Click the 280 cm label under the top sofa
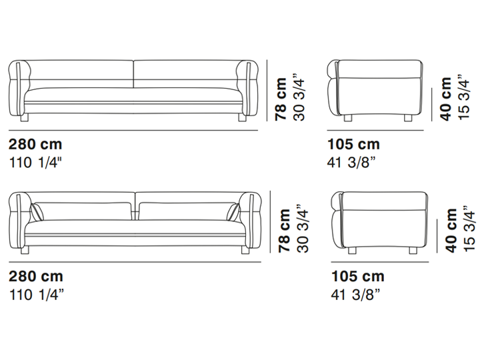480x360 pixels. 35,144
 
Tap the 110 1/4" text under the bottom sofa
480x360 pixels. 37,295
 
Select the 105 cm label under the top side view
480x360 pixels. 353,144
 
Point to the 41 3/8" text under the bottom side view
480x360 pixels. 355,295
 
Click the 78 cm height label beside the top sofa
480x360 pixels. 281,99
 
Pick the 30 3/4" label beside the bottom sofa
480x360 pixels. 303,229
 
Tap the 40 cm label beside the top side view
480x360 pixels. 446,99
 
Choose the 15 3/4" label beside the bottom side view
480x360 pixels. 469,229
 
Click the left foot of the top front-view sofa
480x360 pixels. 25,118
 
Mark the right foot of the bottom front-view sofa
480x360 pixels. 245,250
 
